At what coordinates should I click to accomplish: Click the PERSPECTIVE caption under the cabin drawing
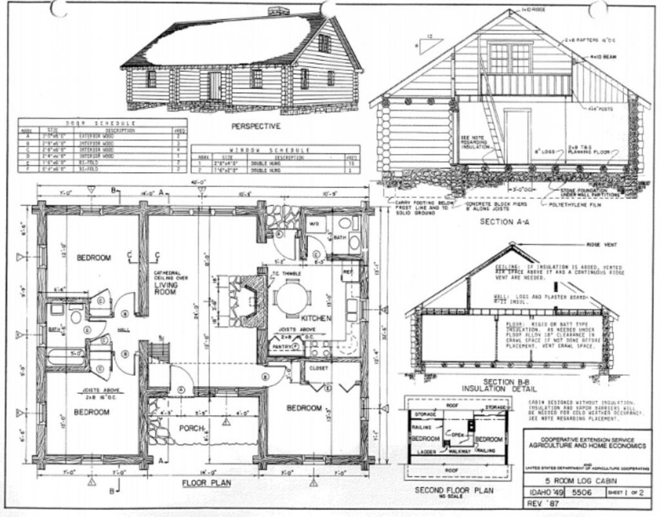pyautogui.click(x=256, y=126)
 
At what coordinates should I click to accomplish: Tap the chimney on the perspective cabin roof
pyautogui.click(x=278, y=11)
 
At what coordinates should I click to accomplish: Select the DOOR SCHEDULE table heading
pyautogui.click(x=102, y=122)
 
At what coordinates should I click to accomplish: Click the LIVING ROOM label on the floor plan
pyautogui.click(x=165, y=288)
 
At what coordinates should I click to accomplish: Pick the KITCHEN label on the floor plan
pyautogui.click(x=316, y=318)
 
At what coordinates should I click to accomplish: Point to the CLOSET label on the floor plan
pyautogui.click(x=319, y=368)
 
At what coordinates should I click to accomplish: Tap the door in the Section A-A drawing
pyautogui.click(x=517, y=136)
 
